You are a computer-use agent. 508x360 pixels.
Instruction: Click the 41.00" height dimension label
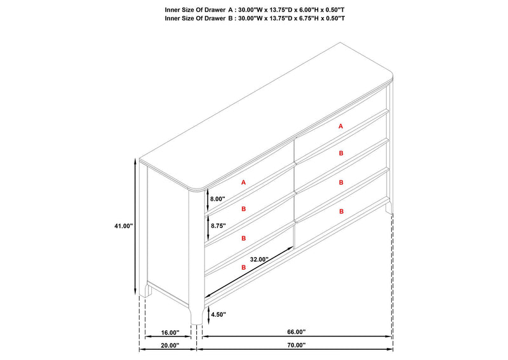point(123,226)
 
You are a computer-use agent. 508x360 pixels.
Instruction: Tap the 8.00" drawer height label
point(217,199)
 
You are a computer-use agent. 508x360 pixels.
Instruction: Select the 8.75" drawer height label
point(218,225)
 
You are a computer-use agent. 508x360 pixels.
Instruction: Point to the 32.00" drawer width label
point(259,259)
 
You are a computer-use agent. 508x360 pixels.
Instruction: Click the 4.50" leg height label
point(218,314)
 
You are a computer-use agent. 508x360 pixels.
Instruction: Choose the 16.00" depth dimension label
point(170,333)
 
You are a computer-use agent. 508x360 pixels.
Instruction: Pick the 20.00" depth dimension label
point(170,345)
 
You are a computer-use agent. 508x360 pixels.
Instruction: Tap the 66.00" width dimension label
point(296,332)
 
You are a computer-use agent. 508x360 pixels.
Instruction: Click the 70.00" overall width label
point(296,345)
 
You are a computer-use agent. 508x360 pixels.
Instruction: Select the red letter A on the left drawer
point(244,182)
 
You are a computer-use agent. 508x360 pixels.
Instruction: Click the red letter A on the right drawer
point(340,126)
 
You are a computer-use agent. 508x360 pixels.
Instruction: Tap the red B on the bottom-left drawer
point(244,268)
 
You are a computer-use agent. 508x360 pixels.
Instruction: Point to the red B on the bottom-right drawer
point(341,211)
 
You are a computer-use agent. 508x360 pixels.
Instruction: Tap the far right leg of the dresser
point(389,207)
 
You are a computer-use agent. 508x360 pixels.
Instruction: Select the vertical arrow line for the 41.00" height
point(135,227)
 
